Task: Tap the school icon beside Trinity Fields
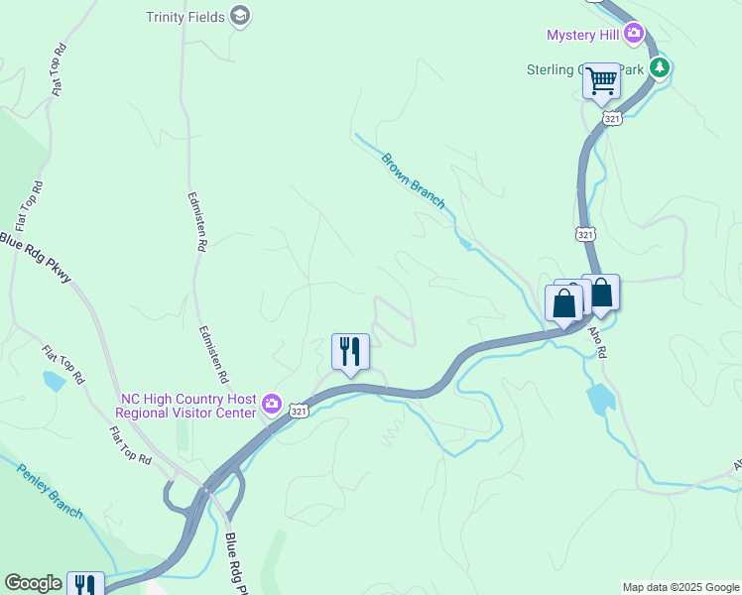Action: (239, 16)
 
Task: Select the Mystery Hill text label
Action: (583, 35)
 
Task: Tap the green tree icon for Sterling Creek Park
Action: (659, 67)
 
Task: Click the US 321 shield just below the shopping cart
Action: (610, 118)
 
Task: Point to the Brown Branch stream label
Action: (413, 180)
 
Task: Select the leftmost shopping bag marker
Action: (563, 303)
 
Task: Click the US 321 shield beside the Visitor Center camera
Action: (298, 410)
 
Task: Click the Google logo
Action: (33, 584)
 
